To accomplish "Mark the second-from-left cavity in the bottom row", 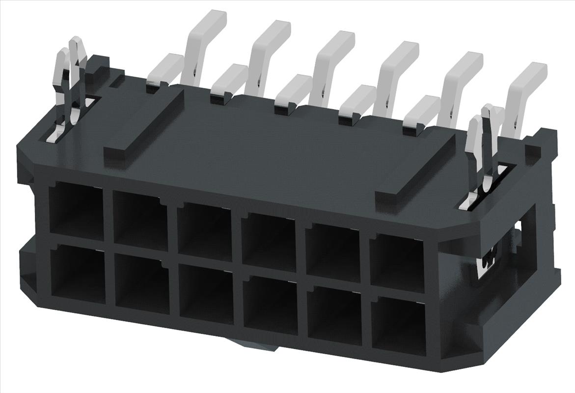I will click(x=141, y=285).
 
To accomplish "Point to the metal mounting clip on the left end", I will click(x=71, y=88).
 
